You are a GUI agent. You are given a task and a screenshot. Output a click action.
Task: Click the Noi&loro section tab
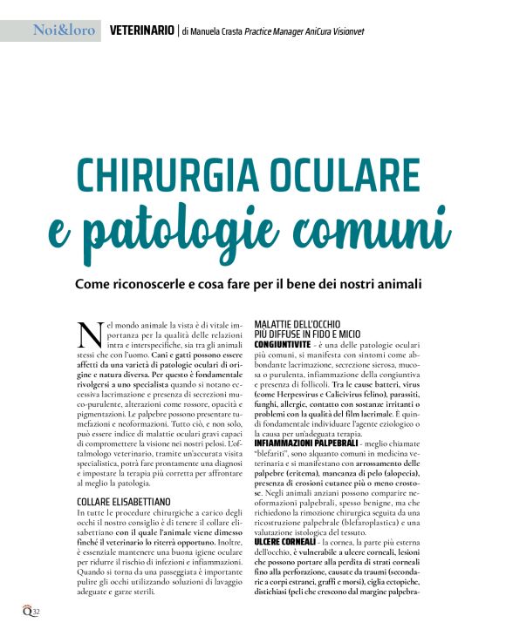[x=64, y=30]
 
